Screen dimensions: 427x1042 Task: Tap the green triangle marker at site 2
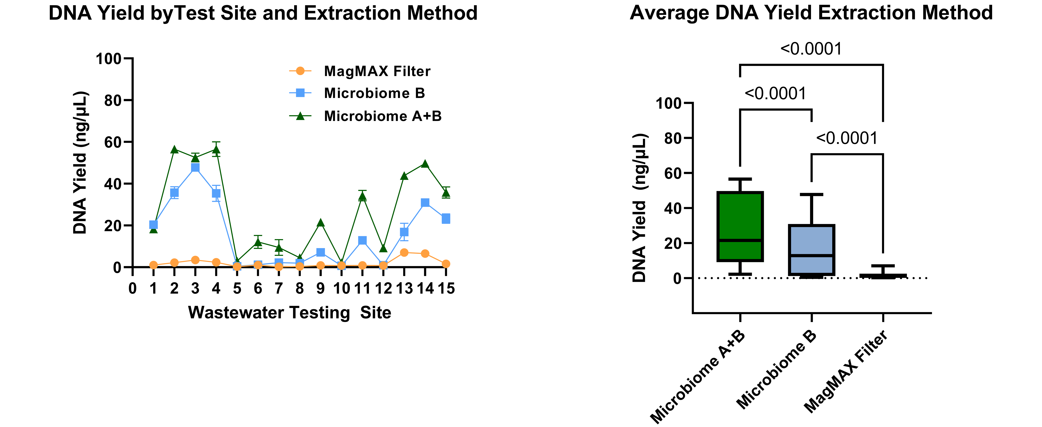174,150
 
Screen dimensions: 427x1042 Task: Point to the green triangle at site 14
425,164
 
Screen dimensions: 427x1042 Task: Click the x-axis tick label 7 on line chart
279,289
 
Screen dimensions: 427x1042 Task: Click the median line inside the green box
740,240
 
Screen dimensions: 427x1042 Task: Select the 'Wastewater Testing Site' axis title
290,313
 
